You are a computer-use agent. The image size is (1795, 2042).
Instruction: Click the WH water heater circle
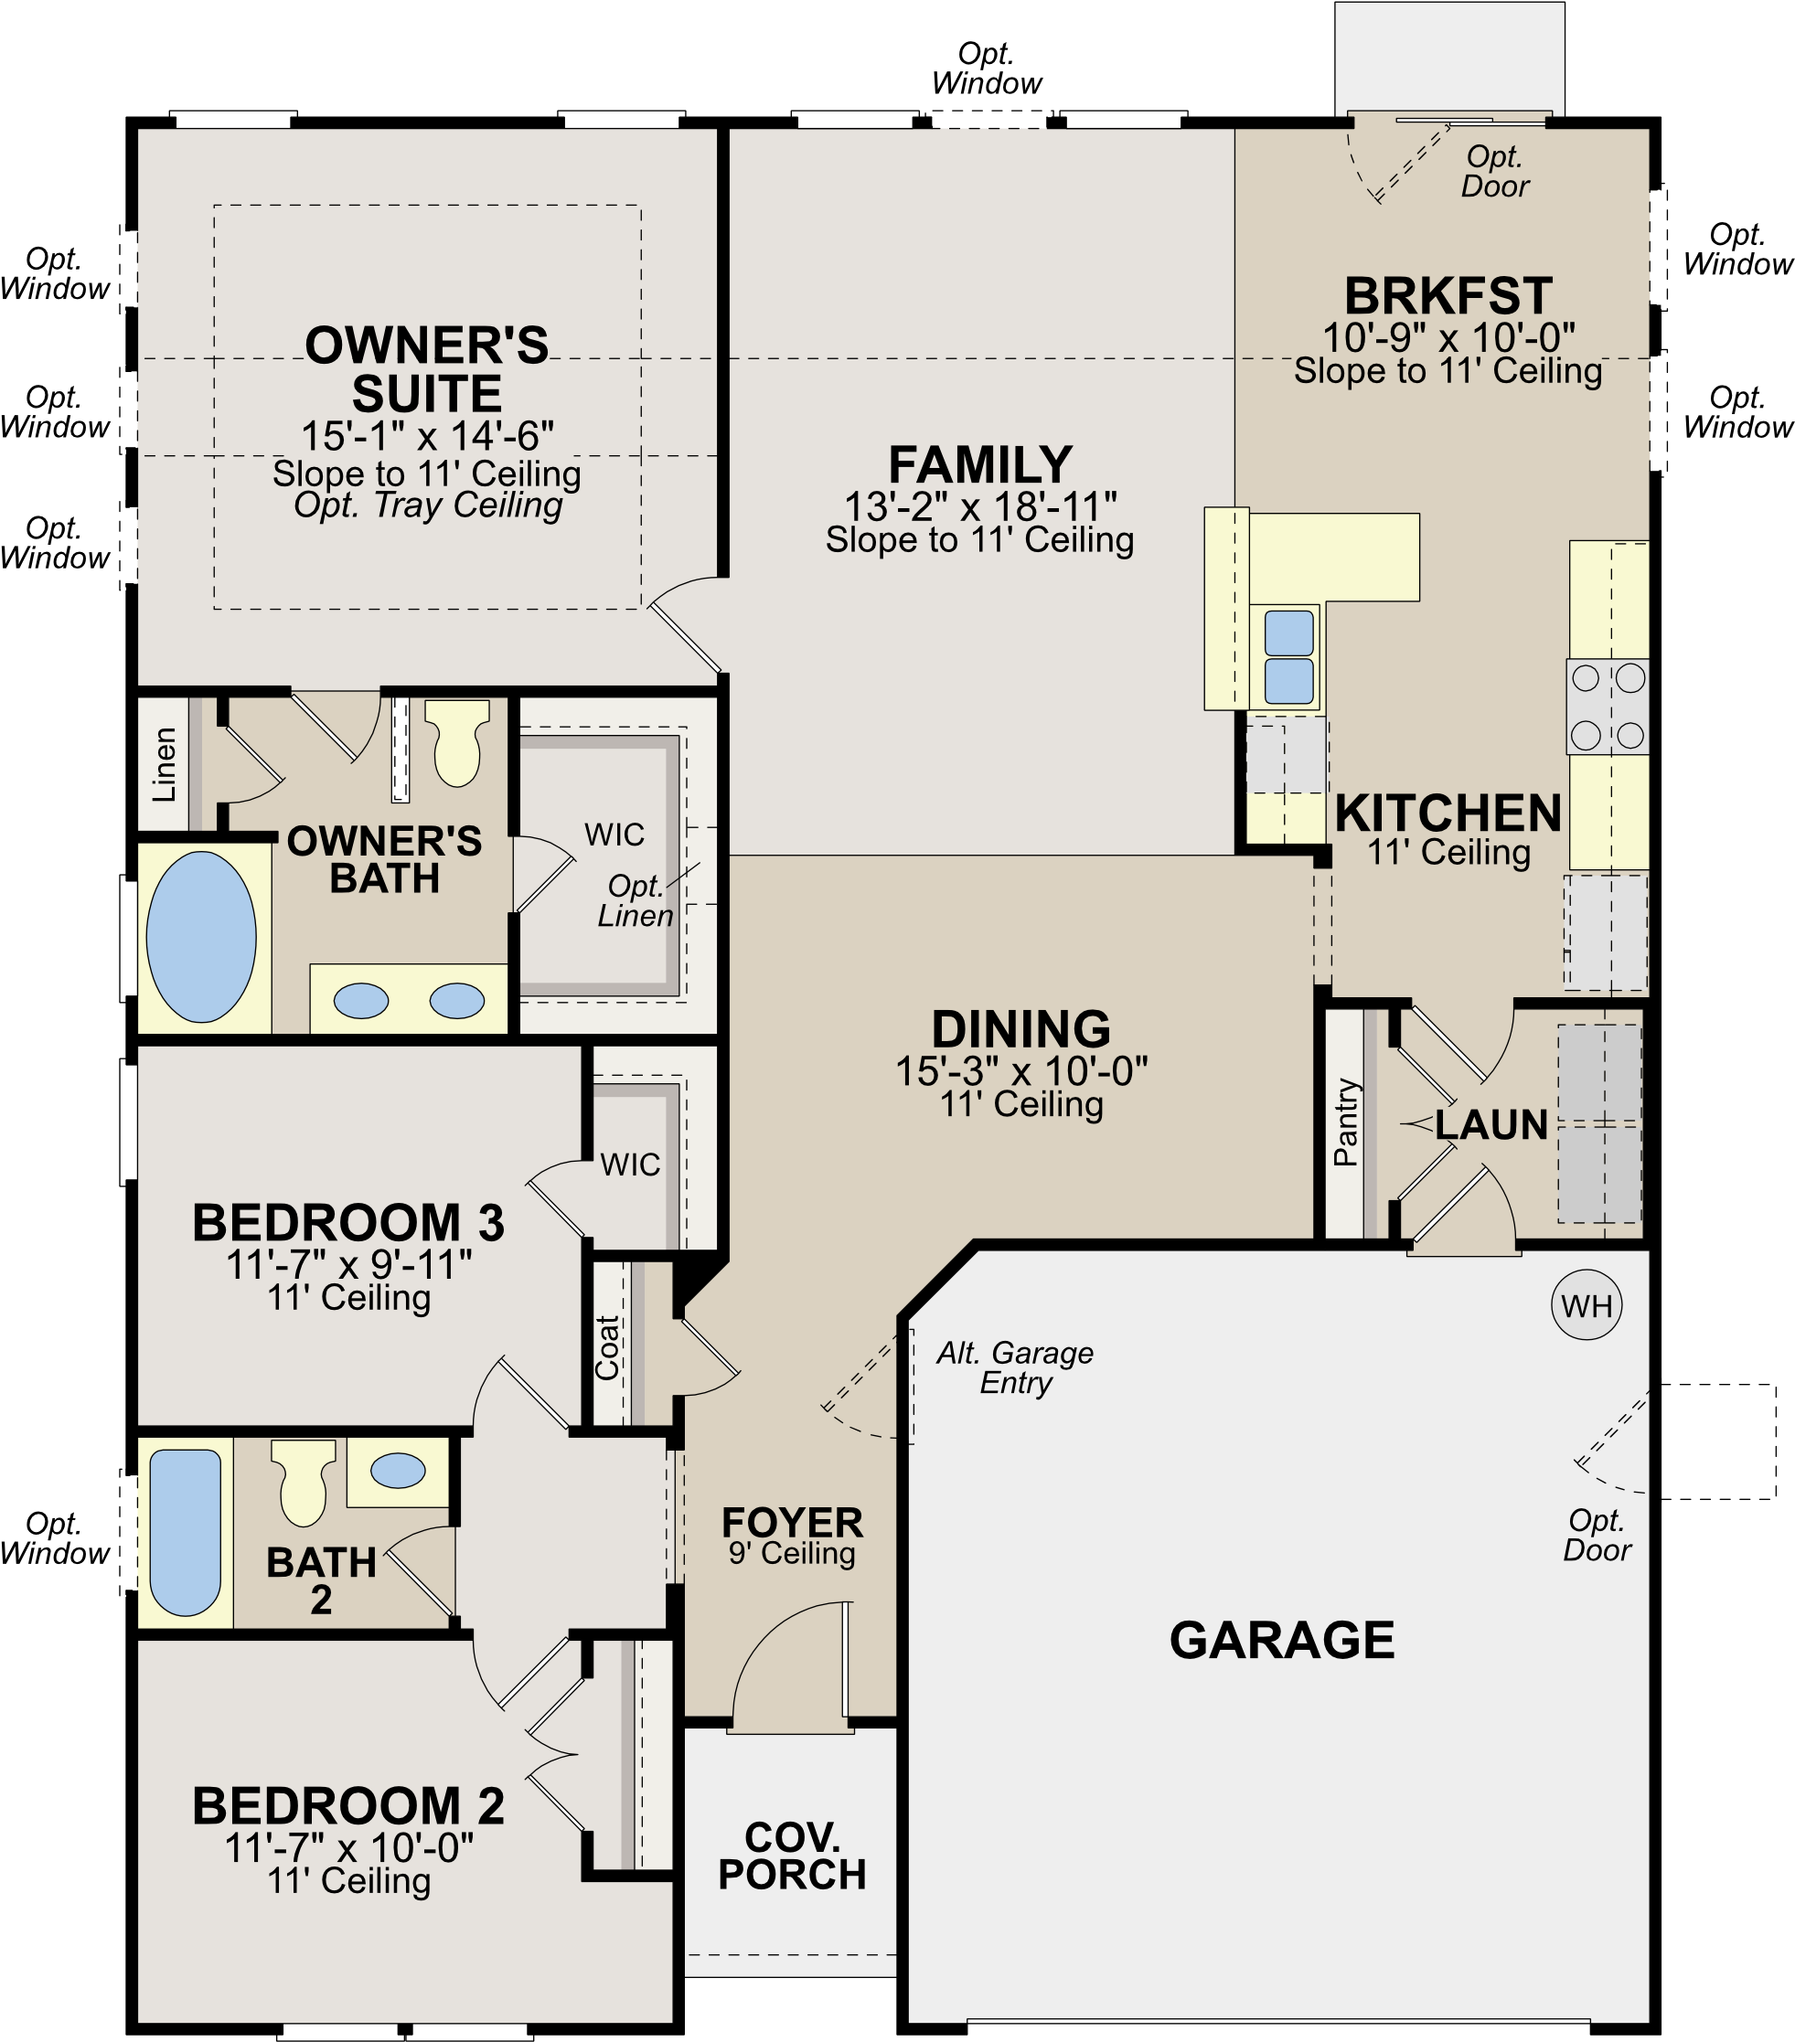pyautogui.click(x=1587, y=1305)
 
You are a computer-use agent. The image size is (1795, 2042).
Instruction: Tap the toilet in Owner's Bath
pyautogui.click(x=456, y=744)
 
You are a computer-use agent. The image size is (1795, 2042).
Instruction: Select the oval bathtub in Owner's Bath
pyautogui.click(x=201, y=937)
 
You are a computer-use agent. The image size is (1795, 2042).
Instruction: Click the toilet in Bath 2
pyautogui.click(x=303, y=1482)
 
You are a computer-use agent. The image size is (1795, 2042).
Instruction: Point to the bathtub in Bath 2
pyautogui.click(x=185, y=1533)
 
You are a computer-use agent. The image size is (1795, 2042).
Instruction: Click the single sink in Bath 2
pyautogui.click(x=398, y=1471)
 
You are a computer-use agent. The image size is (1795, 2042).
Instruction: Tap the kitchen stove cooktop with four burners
pyautogui.click(x=1608, y=707)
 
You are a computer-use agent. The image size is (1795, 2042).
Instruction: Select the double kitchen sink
pyautogui.click(x=1289, y=657)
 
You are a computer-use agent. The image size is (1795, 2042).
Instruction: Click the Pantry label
pyautogui.click(x=1346, y=1122)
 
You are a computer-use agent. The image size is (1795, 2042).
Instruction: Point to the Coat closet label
pyautogui.click(x=606, y=1347)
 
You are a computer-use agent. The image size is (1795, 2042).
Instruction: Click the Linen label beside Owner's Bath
pyautogui.click(x=164, y=764)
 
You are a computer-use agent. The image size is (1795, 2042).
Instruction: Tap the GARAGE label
pyautogui.click(x=1281, y=1641)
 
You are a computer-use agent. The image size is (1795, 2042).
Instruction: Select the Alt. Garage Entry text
pyautogui.click(x=1014, y=1367)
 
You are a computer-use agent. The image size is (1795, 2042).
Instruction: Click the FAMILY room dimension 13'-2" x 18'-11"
pyautogui.click(x=979, y=506)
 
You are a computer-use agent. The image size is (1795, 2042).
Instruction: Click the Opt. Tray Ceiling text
pyautogui.click(x=428, y=505)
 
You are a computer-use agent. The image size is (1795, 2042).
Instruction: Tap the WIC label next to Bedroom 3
pyautogui.click(x=630, y=1164)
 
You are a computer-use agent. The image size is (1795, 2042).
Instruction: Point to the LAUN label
pyautogui.click(x=1491, y=1125)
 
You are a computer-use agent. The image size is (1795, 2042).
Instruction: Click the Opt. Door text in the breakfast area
pyautogui.click(x=1495, y=171)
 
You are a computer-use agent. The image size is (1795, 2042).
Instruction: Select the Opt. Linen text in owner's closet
pyautogui.click(x=636, y=900)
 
